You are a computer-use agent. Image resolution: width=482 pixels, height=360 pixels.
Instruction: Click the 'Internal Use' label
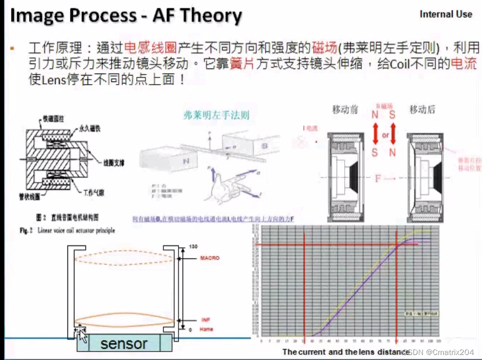point(446,15)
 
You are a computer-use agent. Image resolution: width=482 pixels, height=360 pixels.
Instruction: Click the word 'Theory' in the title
point(211,16)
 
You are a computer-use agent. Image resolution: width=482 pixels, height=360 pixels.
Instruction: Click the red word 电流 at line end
point(462,65)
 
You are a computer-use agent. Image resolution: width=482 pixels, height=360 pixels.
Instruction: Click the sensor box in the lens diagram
point(124,343)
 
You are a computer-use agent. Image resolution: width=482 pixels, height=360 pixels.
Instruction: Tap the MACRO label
point(210,258)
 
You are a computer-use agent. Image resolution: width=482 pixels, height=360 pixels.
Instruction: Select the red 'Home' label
point(206,329)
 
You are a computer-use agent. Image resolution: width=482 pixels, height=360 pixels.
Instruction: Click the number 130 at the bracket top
point(192,246)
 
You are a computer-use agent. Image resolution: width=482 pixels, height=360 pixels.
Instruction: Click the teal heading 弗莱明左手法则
point(216,115)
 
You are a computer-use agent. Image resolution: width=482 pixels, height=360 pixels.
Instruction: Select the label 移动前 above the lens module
point(345,109)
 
